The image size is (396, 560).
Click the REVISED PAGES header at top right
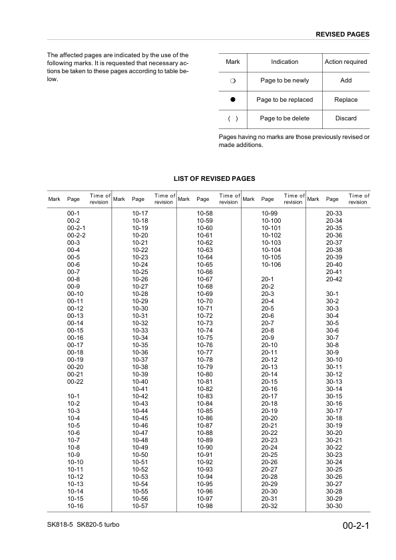click(342, 34)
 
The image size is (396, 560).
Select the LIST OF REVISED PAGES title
click(214, 179)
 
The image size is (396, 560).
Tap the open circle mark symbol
click(233, 80)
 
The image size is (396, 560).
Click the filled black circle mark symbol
click(233, 100)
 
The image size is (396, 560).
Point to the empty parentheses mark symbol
click(233, 118)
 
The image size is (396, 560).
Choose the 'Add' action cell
click(345, 80)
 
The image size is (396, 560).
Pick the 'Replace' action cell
click(345, 100)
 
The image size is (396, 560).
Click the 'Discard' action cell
click(345, 118)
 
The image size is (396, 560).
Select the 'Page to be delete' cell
click(284, 118)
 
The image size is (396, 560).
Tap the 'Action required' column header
click(345, 62)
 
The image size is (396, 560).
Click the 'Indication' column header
click(284, 62)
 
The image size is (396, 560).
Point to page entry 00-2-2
click(77, 235)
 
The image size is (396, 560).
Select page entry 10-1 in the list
click(74, 396)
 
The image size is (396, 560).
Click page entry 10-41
click(140, 388)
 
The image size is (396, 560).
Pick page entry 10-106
click(271, 264)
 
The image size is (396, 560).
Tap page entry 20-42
click(334, 279)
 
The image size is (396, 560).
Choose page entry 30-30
click(334, 507)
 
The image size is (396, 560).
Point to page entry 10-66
click(205, 271)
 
